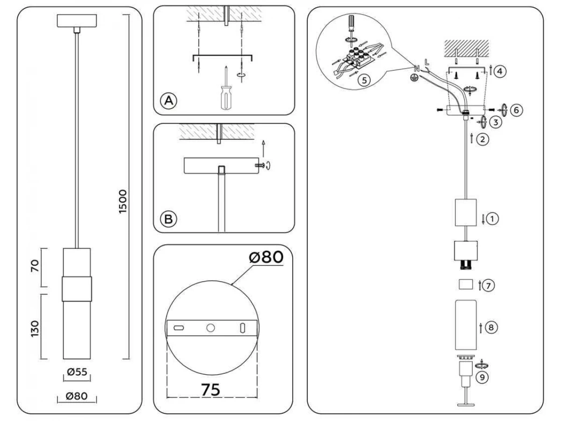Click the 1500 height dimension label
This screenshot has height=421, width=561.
[123, 202]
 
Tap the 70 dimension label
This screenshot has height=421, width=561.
[35, 266]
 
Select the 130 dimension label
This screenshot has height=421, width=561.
[35, 329]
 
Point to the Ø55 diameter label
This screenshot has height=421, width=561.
[77, 372]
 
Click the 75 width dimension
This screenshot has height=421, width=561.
[210, 390]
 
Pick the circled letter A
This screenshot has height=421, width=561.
[168, 101]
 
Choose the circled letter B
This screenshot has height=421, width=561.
[168, 219]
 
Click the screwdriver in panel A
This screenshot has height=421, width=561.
[226, 88]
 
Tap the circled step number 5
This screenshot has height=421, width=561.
[364, 80]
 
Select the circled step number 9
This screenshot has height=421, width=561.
[482, 377]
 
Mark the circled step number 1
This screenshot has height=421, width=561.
[492, 219]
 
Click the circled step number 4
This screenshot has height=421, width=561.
[500, 71]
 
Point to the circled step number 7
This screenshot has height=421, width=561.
[488, 285]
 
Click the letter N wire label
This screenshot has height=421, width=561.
[417, 68]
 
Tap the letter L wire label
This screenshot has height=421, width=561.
[426, 62]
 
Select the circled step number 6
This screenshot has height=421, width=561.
[516, 110]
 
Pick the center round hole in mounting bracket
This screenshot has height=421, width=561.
[210, 328]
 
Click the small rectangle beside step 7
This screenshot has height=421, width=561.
[466, 284]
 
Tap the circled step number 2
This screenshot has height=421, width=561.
[482, 139]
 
